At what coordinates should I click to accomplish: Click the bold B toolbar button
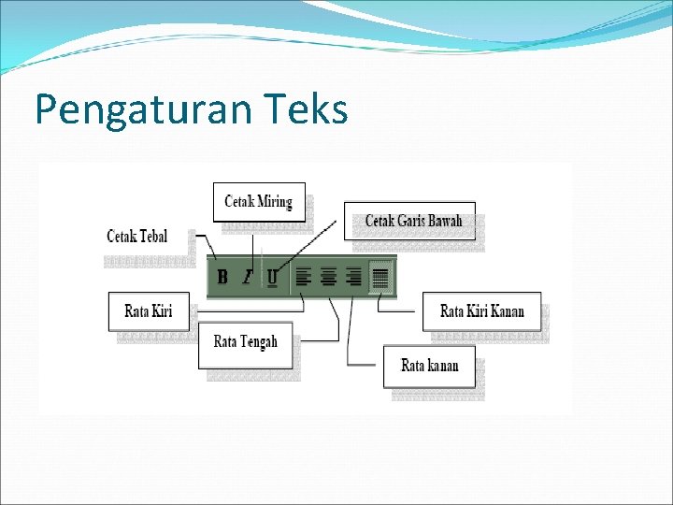point(222,277)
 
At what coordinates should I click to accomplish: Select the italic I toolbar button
point(248,277)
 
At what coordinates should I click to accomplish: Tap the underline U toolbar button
point(272,277)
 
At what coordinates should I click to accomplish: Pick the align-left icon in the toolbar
point(303,277)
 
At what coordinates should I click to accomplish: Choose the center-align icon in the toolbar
point(328,277)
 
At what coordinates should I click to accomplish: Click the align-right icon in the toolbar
point(353,277)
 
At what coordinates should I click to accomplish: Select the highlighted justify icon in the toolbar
point(379,277)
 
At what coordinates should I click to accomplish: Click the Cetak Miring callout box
point(259,202)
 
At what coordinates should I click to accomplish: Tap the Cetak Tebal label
point(137,237)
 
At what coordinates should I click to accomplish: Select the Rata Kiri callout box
point(149,311)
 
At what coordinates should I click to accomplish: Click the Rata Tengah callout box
point(246,342)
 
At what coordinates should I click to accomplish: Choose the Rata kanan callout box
point(429,366)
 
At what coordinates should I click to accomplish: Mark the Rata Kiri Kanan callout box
point(481,311)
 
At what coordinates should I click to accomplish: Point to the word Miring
point(275,202)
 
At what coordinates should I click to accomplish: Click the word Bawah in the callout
point(443,222)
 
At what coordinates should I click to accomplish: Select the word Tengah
point(259,342)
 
